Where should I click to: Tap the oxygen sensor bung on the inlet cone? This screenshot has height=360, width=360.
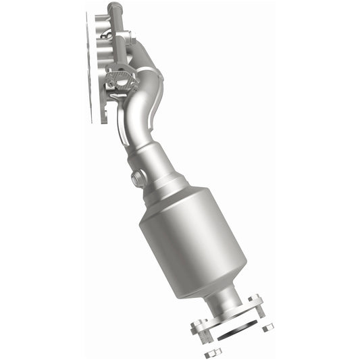pyautogui.click(x=138, y=179)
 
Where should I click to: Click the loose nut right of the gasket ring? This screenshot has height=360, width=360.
pyautogui.click(x=267, y=327)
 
